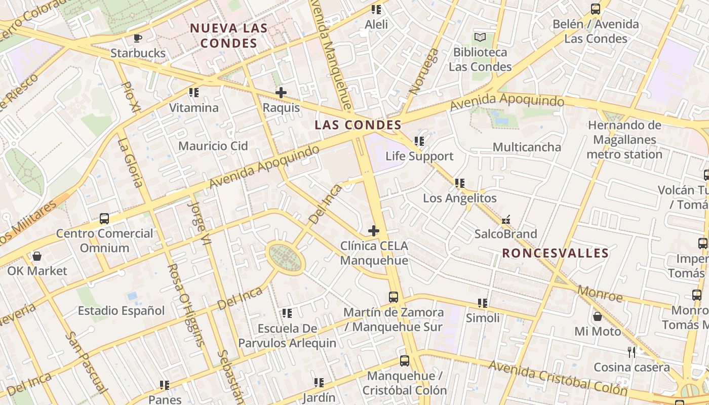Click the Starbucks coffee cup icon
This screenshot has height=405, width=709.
137,37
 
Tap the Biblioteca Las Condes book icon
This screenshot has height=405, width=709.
480,37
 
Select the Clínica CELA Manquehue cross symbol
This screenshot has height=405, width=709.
374,231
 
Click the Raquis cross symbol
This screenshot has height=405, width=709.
281,93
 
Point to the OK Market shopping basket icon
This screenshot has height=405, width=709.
37,256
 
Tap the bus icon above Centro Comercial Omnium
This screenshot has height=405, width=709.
104,219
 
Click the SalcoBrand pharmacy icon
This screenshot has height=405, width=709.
505,220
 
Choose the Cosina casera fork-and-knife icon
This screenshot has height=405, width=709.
631,352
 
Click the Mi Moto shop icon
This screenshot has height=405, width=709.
598,317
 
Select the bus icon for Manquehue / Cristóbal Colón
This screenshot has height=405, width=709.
404,361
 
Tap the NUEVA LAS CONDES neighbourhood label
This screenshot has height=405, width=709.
229,35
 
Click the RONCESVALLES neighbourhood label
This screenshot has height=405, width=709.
555,253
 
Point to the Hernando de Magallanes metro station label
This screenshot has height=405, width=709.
624,140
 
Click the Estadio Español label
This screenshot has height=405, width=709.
122,310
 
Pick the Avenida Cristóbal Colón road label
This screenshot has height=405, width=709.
558,379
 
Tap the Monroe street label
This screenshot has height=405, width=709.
600,293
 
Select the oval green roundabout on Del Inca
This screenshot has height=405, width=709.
286,257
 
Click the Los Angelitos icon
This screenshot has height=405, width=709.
460,183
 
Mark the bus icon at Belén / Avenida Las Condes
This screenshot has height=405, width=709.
596,9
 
